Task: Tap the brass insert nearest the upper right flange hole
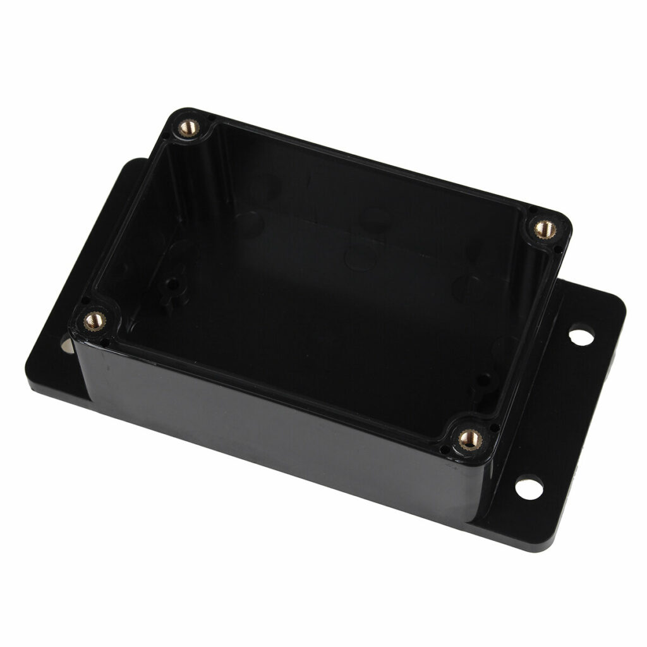(543, 227)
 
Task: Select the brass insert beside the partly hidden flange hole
(94, 320)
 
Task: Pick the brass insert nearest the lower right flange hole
(468, 437)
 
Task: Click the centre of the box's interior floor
(316, 284)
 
